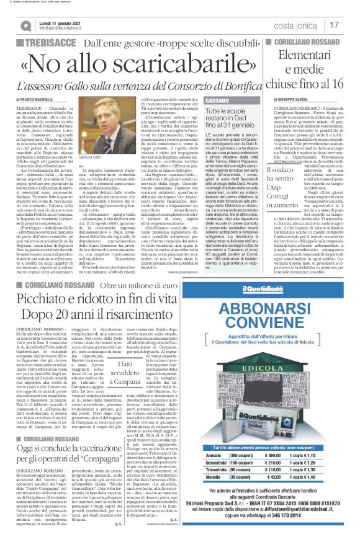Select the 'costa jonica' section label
tap(299, 25)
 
